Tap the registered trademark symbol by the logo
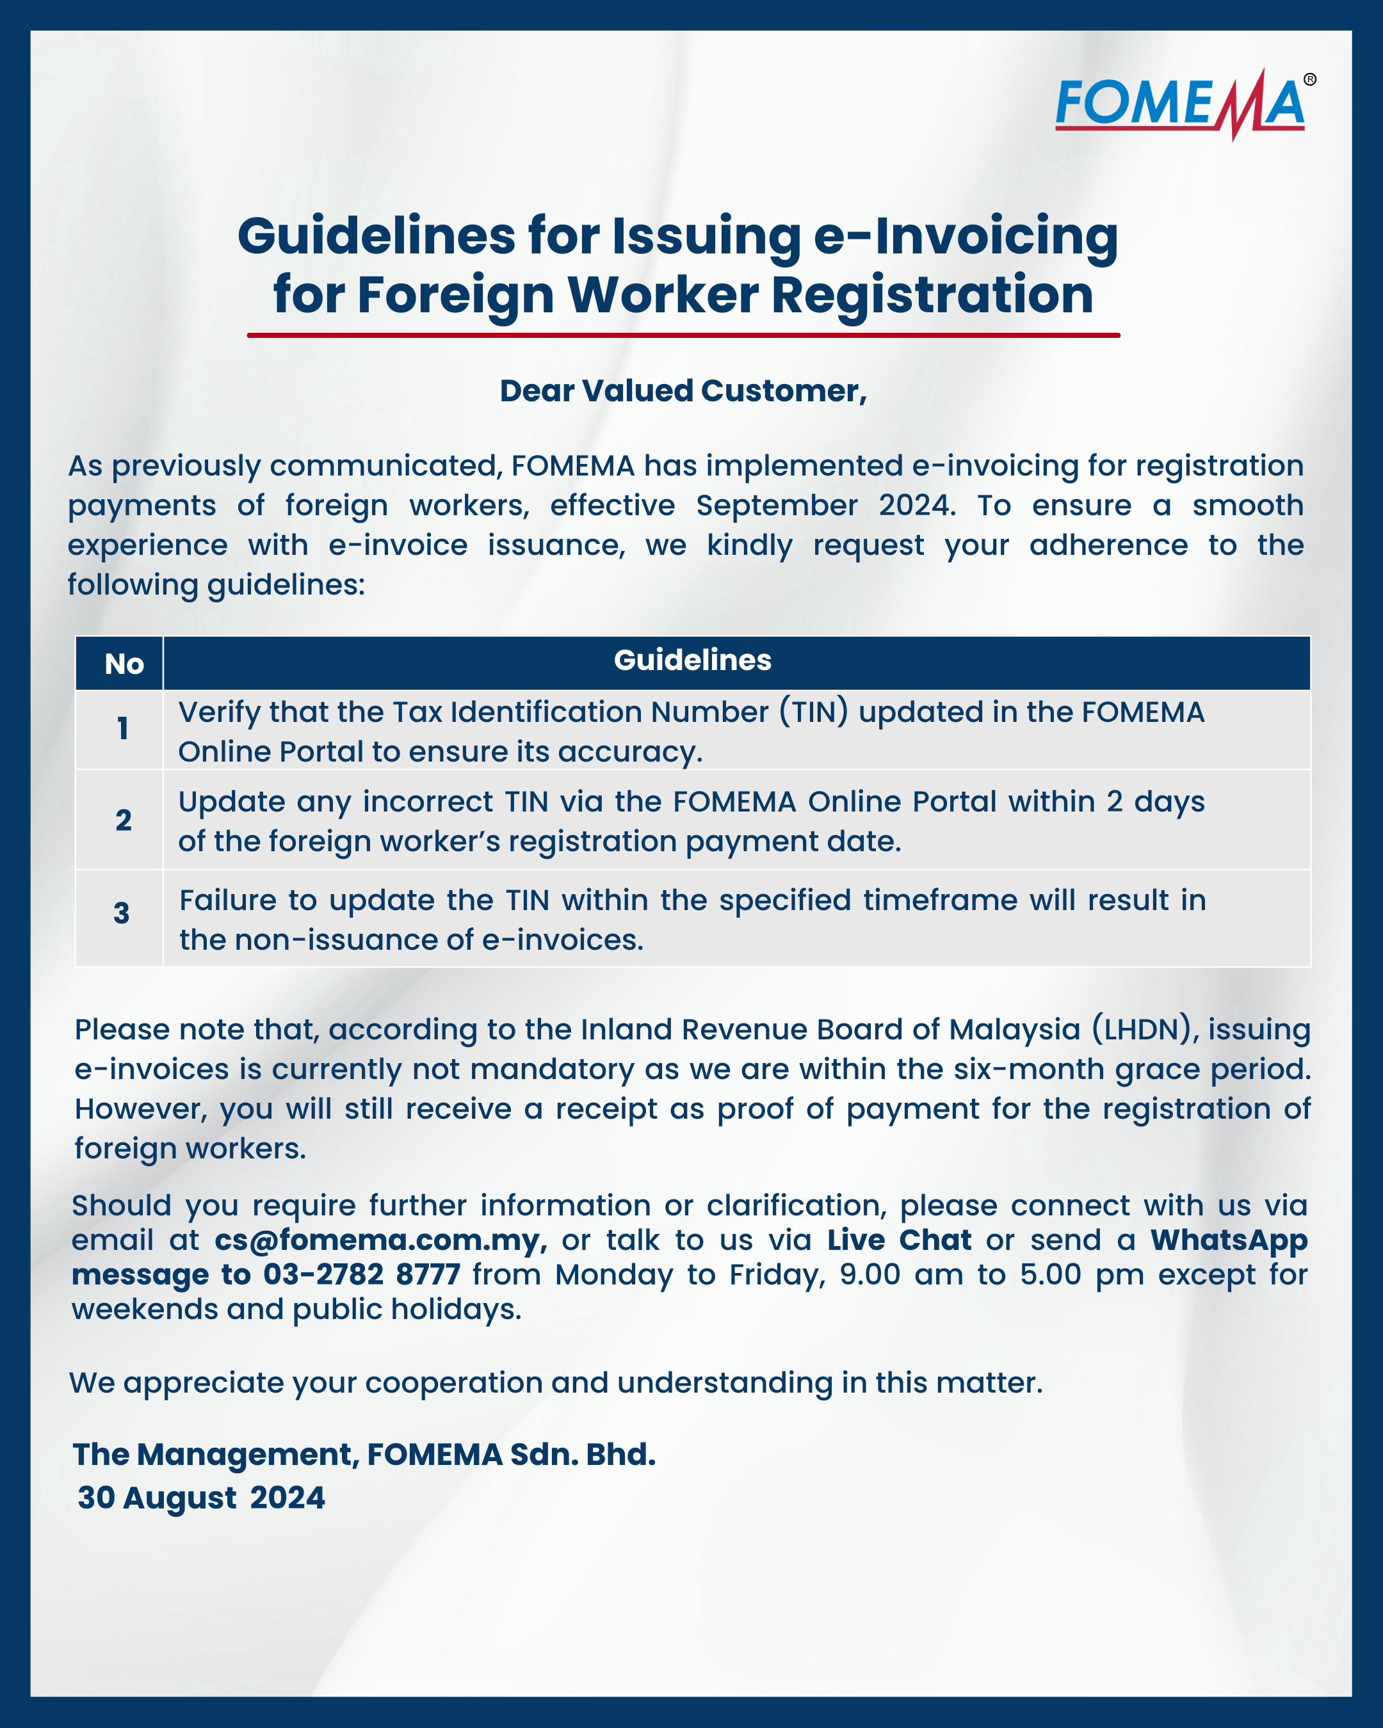click(x=1309, y=79)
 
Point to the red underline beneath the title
click(x=683, y=335)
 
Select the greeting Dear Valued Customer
click(x=683, y=391)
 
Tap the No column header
click(x=124, y=664)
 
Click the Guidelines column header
click(x=693, y=660)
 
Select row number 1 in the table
click(x=123, y=728)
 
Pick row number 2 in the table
click(x=124, y=820)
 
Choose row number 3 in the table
click(x=122, y=913)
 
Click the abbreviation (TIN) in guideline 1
click(x=814, y=712)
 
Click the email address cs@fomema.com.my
click(x=381, y=1241)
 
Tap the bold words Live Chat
click(x=899, y=1241)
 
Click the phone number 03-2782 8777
click(x=362, y=1275)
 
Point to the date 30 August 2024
click(x=201, y=1497)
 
